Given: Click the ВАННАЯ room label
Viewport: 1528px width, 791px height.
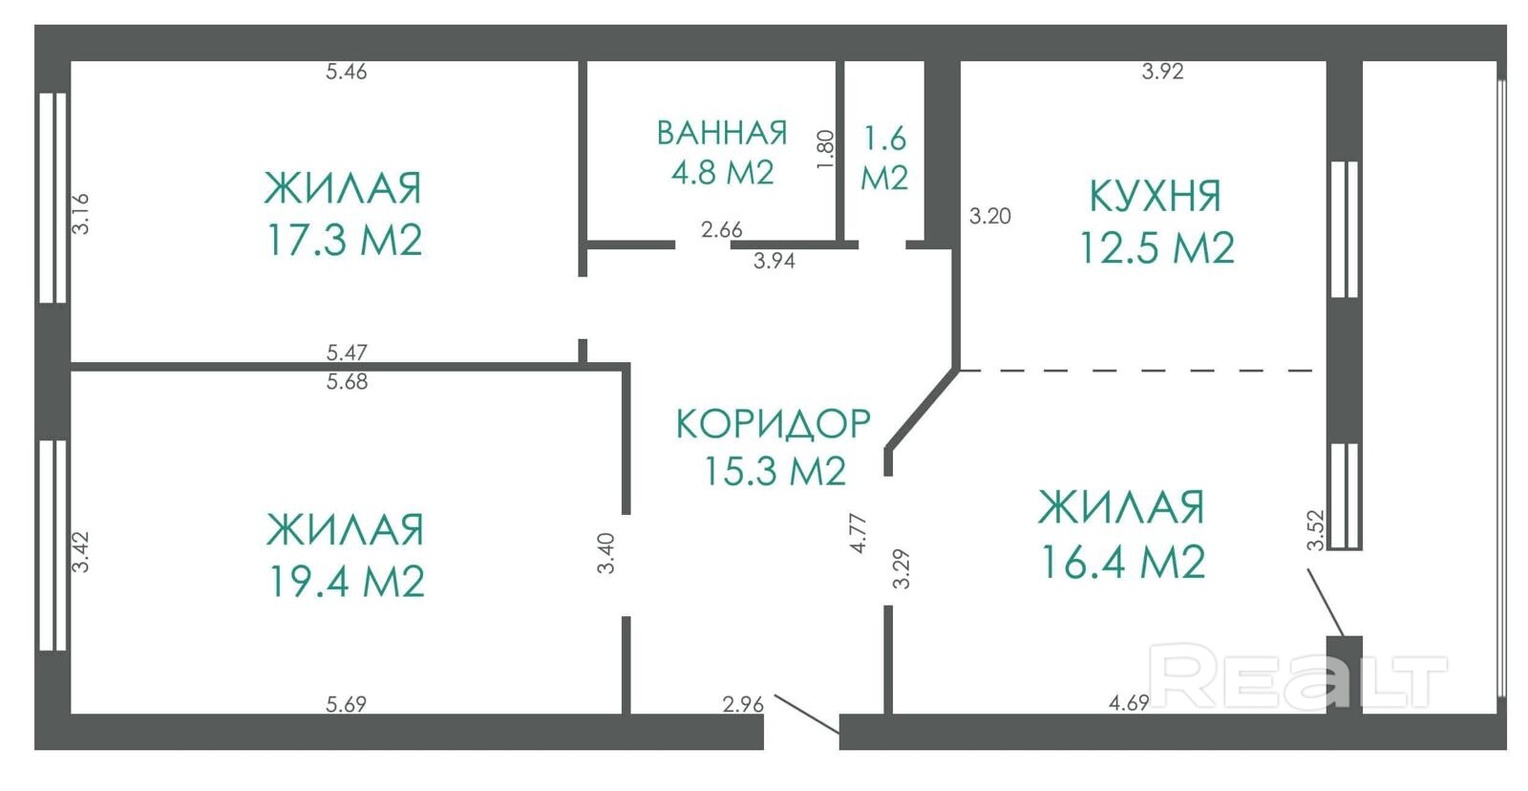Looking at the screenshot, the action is tap(722, 133).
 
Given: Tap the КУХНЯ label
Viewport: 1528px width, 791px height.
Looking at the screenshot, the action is tap(1156, 196).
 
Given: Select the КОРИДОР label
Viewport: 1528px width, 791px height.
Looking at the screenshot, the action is tap(773, 423).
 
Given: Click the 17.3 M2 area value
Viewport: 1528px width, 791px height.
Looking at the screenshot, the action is tap(345, 240).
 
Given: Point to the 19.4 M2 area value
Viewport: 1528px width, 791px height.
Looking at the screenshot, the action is tap(347, 582).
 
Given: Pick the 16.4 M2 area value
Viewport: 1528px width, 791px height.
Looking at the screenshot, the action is tap(1123, 562).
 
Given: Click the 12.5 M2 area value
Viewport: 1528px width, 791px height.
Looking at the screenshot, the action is tap(1157, 247).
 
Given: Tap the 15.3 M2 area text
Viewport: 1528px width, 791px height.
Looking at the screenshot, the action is tap(775, 471).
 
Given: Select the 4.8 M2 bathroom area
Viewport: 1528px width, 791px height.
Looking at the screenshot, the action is tap(722, 172).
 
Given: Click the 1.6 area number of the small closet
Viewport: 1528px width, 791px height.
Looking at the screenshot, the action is tap(884, 139).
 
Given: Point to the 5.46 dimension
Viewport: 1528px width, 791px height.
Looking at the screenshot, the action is tap(346, 72).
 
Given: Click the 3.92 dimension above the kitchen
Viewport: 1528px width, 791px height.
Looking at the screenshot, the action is tap(1162, 71).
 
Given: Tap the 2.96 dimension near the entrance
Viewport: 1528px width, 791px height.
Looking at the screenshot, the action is tap(743, 704).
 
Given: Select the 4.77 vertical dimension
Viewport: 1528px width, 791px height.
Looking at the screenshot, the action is tap(859, 533).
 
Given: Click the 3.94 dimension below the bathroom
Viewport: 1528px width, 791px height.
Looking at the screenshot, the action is tap(775, 261).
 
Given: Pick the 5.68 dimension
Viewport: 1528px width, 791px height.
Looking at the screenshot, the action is tap(347, 381).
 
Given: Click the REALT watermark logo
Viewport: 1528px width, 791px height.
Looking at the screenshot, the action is tap(1298, 676).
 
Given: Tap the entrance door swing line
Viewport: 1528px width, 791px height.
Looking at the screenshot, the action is tap(807, 715).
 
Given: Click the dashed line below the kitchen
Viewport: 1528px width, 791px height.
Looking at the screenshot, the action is tap(1136, 371).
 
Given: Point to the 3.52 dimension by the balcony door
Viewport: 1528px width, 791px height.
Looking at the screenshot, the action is tap(1315, 530).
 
